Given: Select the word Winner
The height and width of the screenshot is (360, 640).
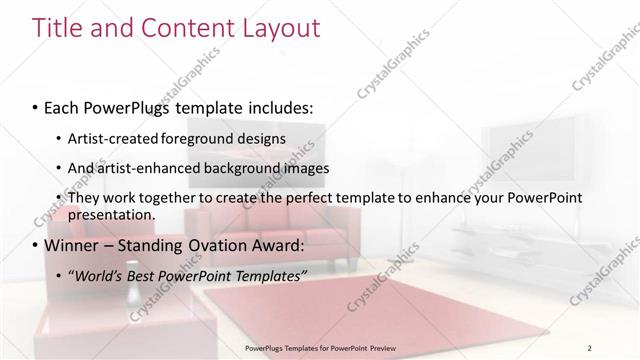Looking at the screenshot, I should tap(72, 245).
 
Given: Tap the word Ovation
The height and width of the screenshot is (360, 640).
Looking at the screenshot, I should tap(212, 245).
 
